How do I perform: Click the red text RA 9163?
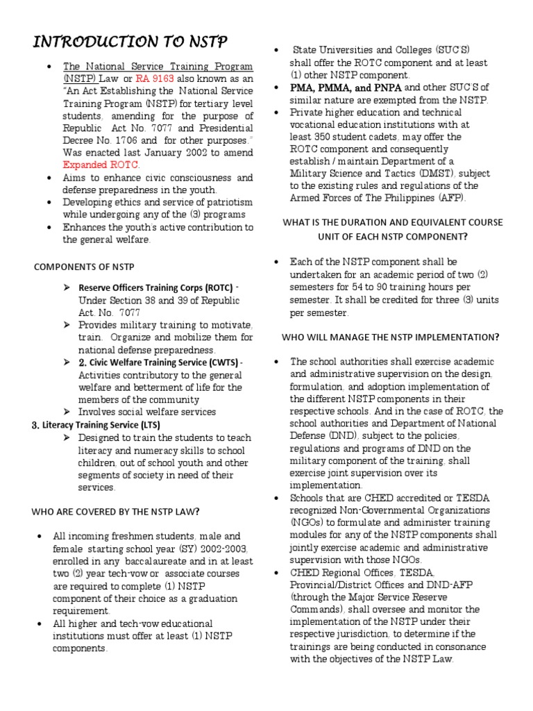(x=154, y=79)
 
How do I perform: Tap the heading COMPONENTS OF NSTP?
(x=85, y=267)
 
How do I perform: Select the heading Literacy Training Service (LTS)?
(x=94, y=424)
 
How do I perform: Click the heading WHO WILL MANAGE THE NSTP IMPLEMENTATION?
(x=390, y=337)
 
